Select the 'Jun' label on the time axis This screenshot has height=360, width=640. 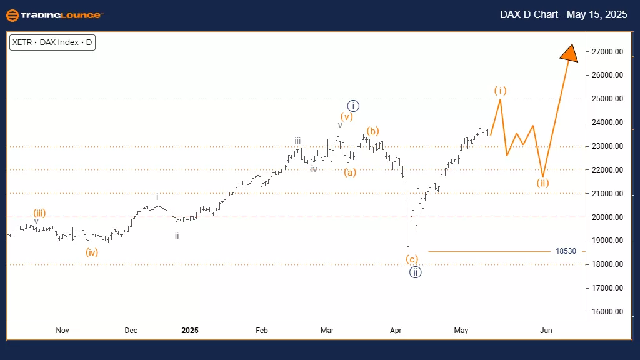tap(546, 330)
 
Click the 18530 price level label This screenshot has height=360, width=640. tap(565, 251)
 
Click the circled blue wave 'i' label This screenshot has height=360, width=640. tap(353, 106)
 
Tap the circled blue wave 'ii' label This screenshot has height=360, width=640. tap(415, 272)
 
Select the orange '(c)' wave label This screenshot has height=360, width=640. tap(412, 259)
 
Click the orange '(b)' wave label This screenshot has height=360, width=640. tap(372, 131)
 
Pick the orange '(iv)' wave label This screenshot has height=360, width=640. tap(92, 252)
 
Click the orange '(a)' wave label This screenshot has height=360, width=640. tap(349, 172)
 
